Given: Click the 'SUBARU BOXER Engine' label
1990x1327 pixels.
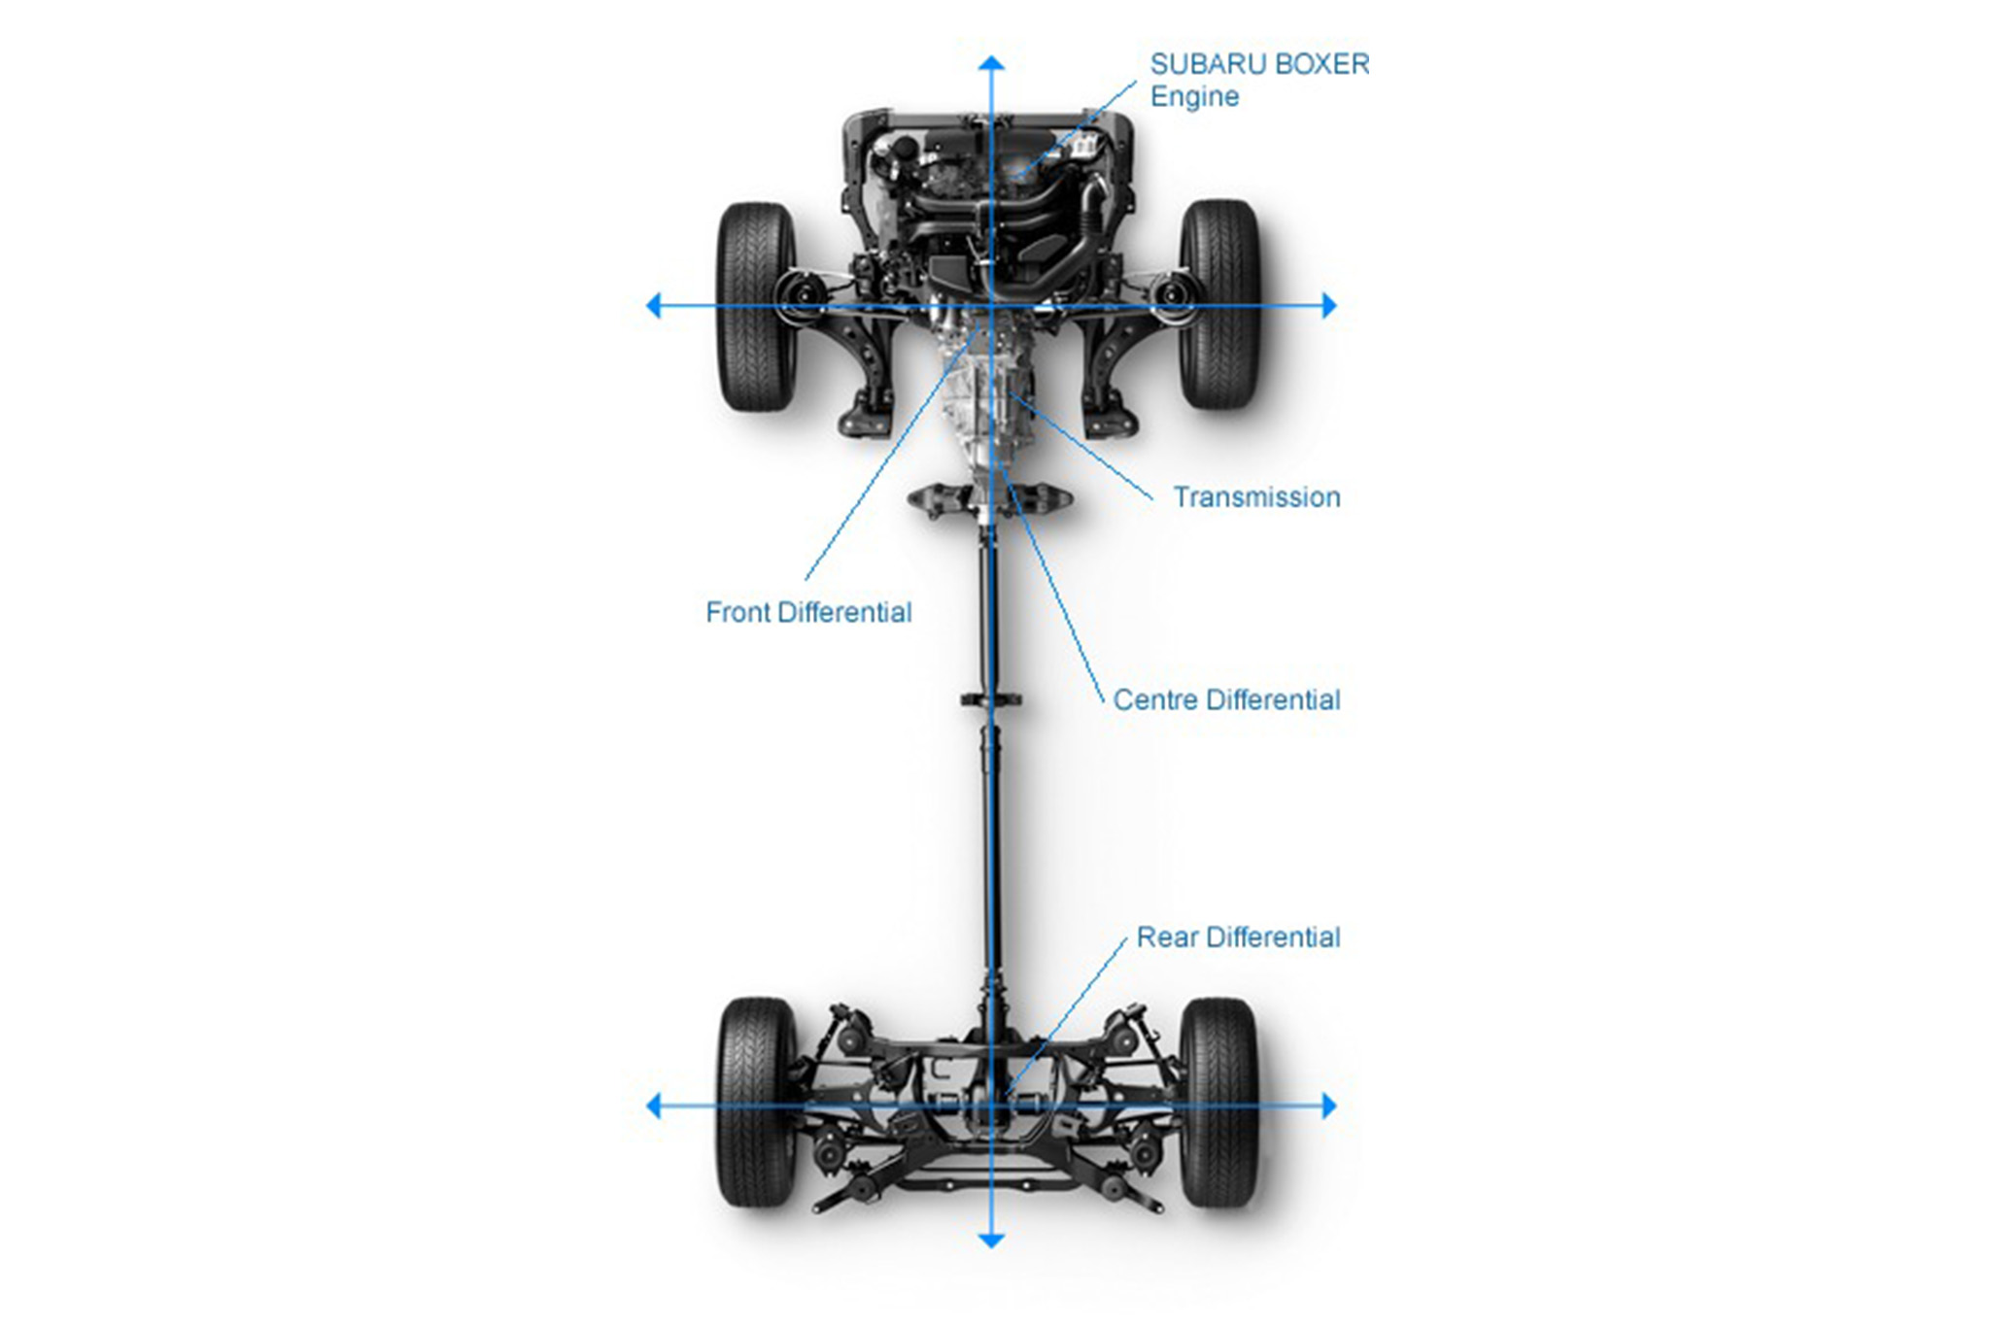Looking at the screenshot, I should click(1258, 80).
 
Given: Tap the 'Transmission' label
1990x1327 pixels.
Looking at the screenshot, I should click(1256, 497).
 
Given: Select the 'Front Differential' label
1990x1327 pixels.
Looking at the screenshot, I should click(808, 612).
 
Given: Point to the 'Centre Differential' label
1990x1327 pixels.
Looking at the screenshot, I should click(1226, 699).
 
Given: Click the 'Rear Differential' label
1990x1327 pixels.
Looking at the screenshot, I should click(1238, 937).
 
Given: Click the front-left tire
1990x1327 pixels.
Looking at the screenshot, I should click(756, 306).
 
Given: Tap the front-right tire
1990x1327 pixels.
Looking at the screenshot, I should click(1219, 304).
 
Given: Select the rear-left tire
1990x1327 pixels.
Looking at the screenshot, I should click(756, 1103).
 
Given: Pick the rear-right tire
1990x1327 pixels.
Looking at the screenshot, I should click(1218, 1103).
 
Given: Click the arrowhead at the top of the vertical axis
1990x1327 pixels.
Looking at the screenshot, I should click(991, 64).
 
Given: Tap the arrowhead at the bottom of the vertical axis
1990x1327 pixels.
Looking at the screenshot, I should click(991, 1240).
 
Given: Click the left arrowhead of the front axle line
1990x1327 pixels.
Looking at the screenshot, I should click(654, 306).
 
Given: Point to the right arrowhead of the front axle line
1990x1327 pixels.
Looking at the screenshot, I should click(1329, 306).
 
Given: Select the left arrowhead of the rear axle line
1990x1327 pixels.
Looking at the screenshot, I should click(654, 1106).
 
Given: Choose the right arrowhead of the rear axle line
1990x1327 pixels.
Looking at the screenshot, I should click(1329, 1106).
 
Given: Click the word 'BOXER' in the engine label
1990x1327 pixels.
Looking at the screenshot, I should click(1321, 64).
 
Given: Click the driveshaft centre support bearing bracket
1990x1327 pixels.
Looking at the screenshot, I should click(990, 699).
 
